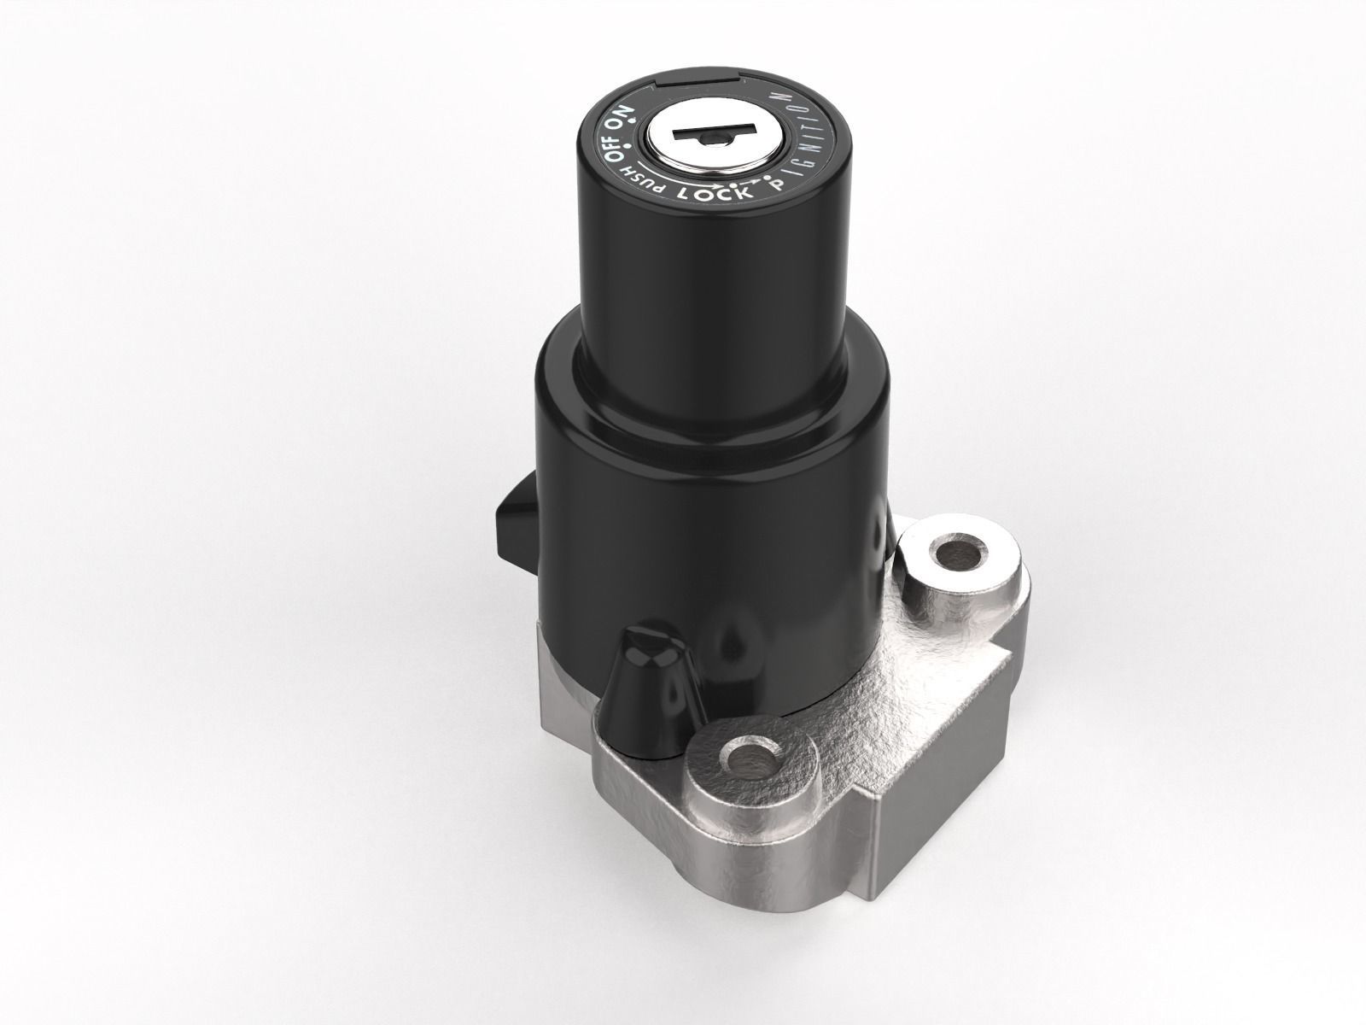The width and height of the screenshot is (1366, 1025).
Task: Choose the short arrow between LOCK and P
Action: (x=749, y=182)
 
